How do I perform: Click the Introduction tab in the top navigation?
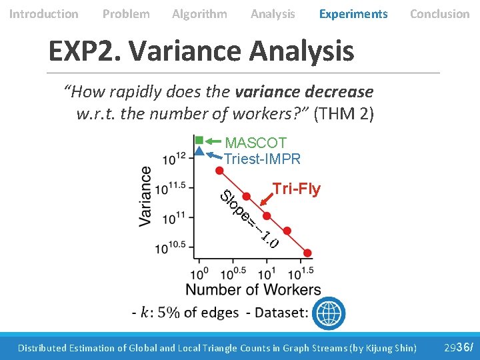pos(44,14)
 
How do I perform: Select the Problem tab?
pos(126,14)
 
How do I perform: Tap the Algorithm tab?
pos(199,14)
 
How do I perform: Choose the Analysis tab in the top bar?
pos(273,14)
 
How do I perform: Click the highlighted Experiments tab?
pos(353,14)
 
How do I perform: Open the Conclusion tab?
pos(439,14)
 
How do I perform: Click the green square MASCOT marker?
pos(199,140)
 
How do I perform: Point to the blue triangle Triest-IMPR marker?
pos(199,151)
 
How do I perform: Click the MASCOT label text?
pos(256,143)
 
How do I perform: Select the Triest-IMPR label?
pos(263,159)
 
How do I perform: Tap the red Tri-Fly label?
pos(297,189)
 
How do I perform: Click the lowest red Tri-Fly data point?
pos(307,253)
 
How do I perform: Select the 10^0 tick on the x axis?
pos(200,273)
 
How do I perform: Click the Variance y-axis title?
pos(145,197)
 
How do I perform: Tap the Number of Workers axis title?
pos(253,289)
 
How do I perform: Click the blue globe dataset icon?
pos(329,312)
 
